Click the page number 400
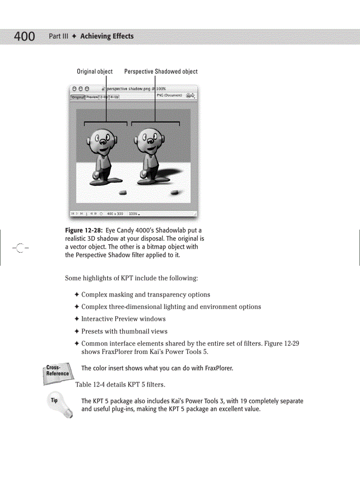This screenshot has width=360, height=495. (x=24, y=37)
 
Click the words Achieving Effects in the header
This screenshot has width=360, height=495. (x=107, y=36)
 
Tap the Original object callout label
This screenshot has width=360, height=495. (x=94, y=71)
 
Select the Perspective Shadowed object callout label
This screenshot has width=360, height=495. (x=161, y=71)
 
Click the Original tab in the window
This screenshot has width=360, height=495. (x=78, y=97)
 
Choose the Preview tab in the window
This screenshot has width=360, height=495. (x=92, y=97)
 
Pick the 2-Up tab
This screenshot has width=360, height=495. (x=104, y=97)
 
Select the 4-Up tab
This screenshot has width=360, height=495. (x=114, y=97)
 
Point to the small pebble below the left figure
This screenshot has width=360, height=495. (x=123, y=192)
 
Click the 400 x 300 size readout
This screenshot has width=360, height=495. (x=115, y=214)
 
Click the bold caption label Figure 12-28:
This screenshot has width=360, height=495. (x=84, y=231)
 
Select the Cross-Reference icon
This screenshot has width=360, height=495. (x=57, y=371)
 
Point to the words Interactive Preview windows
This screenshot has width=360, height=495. (x=124, y=319)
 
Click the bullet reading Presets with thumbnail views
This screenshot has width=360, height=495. (x=124, y=331)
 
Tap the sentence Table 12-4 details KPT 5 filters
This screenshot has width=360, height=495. (x=120, y=385)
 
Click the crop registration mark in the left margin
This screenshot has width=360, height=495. (x=19, y=247)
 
